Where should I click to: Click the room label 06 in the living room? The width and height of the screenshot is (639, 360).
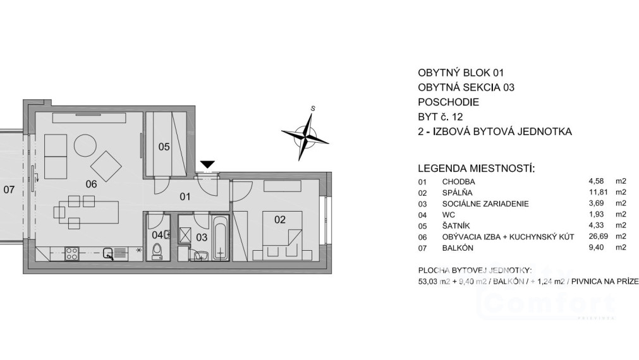(x=91, y=184)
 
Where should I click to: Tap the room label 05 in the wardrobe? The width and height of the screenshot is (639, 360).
(x=164, y=147)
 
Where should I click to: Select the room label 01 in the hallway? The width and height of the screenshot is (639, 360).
(x=185, y=196)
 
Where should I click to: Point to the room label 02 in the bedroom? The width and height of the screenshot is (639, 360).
(x=280, y=220)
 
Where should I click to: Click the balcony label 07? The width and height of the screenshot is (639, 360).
(x=8, y=189)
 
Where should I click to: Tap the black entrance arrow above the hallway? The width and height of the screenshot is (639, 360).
(x=207, y=165)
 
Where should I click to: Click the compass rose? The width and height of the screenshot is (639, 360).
(x=305, y=133)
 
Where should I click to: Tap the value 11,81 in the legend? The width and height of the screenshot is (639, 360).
(x=597, y=193)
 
